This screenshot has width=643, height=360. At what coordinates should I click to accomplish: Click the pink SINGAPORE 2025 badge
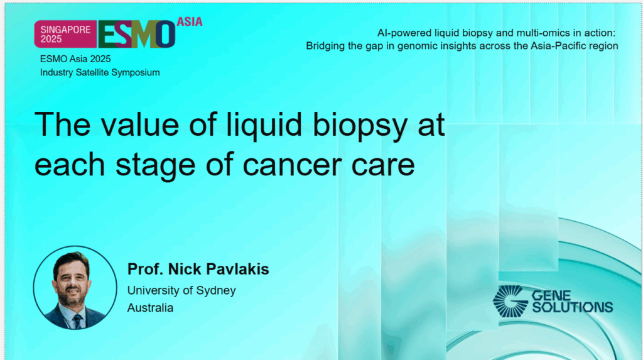pyautogui.click(x=65, y=33)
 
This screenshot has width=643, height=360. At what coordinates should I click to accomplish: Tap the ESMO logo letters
pyautogui.click(x=136, y=35)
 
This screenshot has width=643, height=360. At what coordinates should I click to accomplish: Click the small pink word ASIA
pyautogui.click(x=190, y=21)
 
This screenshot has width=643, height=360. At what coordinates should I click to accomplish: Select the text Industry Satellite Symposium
pyautogui.click(x=100, y=72)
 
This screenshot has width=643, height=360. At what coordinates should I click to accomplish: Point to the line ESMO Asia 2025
pyautogui.click(x=75, y=59)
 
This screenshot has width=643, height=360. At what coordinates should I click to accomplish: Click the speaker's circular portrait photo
pyautogui.click(x=75, y=288)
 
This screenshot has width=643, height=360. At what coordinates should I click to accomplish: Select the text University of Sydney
pyautogui.click(x=181, y=290)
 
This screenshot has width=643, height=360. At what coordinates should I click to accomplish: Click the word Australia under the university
pyautogui.click(x=150, y=308)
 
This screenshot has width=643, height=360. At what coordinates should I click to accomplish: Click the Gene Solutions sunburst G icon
pyautogui.click(x=510, y=300)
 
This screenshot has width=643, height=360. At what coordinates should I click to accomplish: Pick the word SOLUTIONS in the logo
pyautogui.click(x=572, y=307)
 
